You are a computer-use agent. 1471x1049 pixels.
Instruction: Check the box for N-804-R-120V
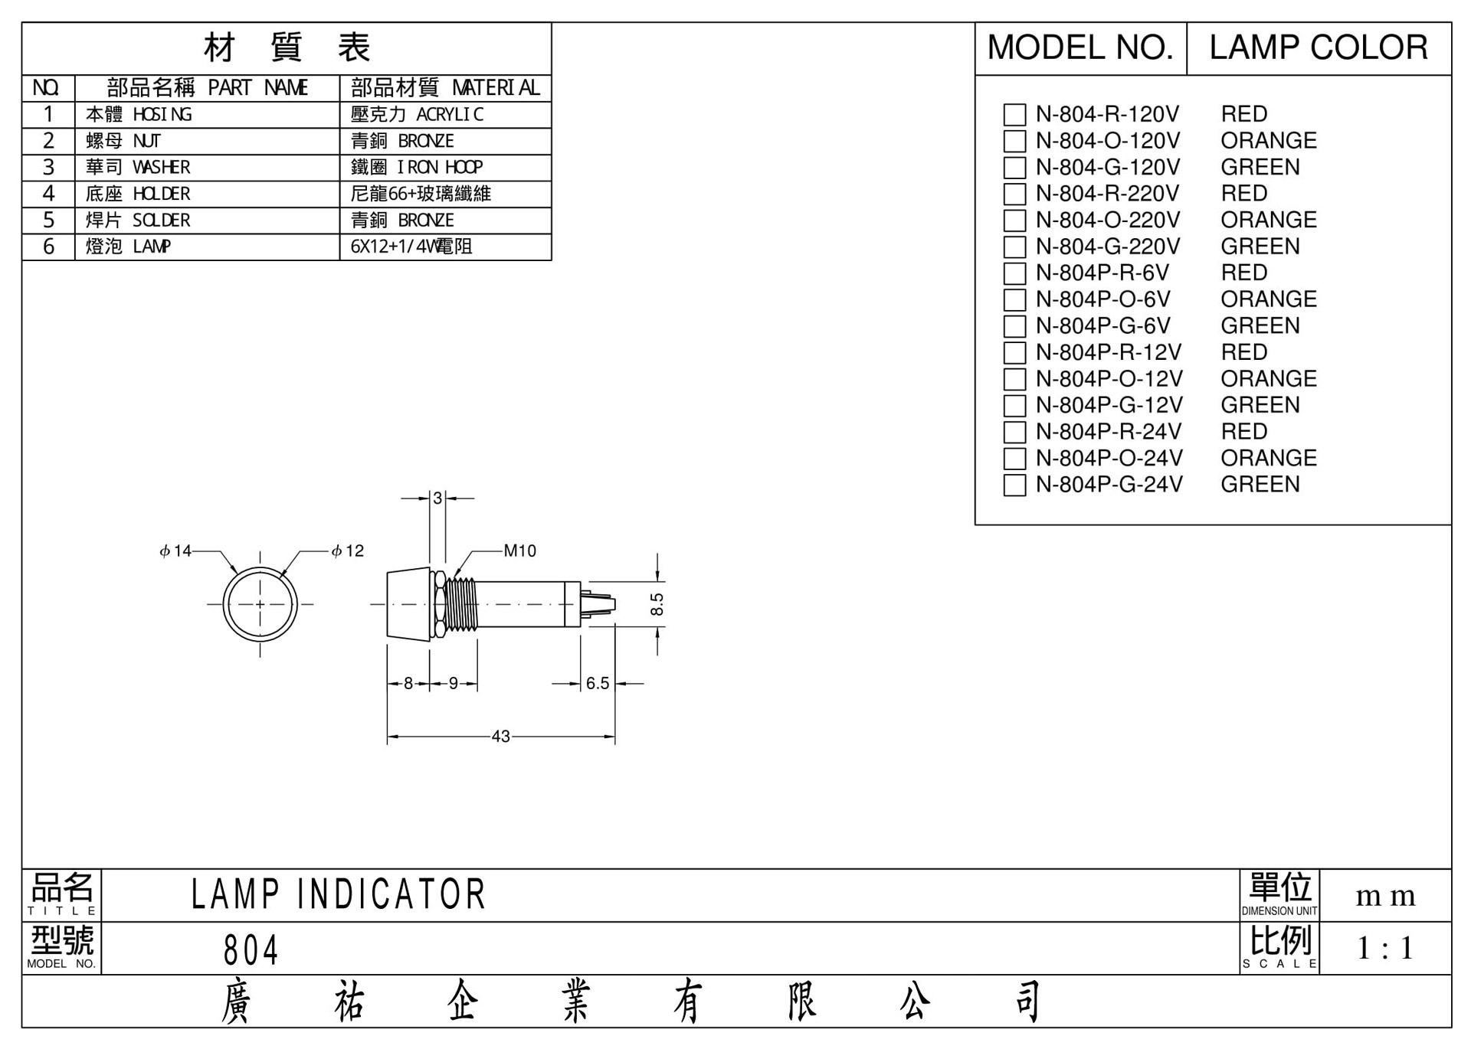(x=1014, y=115)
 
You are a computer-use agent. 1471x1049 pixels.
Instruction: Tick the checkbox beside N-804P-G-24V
(x=1014, y=485)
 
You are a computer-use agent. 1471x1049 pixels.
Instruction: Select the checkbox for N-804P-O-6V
(x=1014, y=299)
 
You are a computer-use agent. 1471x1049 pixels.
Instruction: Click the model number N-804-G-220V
(x=1108, y=247)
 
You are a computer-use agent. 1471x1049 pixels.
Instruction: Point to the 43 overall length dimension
(x=500, y=737)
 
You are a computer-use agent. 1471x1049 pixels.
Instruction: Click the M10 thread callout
(x=519, y=551)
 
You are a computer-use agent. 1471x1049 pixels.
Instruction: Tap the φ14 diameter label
(x=175, y=551)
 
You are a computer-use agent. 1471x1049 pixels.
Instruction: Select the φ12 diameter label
(x=348, y=551)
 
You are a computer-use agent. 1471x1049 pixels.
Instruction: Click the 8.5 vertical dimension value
(x=657, y=604)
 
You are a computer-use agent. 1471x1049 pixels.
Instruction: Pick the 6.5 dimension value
(x=598, y=683)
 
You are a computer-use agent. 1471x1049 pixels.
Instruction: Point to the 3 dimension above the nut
(x=437, y=498)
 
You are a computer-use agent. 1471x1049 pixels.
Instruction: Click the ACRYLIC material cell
(x=445, y=115)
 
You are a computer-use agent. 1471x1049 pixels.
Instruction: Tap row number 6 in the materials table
(x=48, y=247)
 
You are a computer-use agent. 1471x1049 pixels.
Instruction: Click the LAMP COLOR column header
(x=1318, y=47)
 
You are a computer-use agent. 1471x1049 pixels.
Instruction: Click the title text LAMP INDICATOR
(x=338, y=894)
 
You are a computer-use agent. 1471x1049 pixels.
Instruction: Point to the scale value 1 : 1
(x=1385, y=949)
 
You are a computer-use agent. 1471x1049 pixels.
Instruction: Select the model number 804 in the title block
(x=251, y=950)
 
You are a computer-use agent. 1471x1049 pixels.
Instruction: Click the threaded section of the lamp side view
(x=462, y=604)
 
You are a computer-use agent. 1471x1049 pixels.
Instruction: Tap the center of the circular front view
(x=260, y=604)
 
